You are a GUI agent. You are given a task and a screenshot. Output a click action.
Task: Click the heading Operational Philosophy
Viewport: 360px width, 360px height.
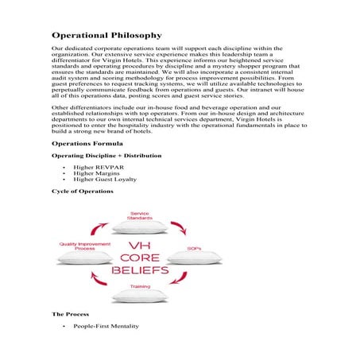[106, 35]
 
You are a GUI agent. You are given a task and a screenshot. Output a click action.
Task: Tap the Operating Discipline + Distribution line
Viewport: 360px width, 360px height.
[106, 156]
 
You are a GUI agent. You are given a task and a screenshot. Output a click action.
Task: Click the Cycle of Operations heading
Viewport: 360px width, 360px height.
[82, 192]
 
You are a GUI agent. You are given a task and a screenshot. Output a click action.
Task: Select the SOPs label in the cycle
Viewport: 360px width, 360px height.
[194, 249]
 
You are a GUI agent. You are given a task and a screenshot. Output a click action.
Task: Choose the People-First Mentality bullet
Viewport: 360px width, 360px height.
[106, 327]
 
